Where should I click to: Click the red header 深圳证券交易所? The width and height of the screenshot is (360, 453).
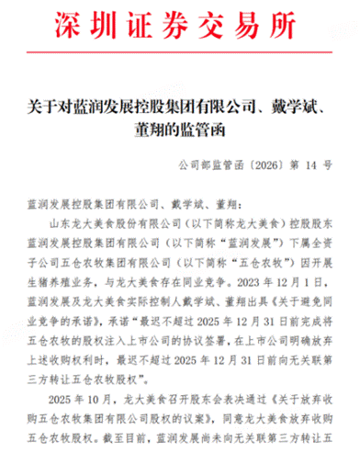[179, 21]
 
